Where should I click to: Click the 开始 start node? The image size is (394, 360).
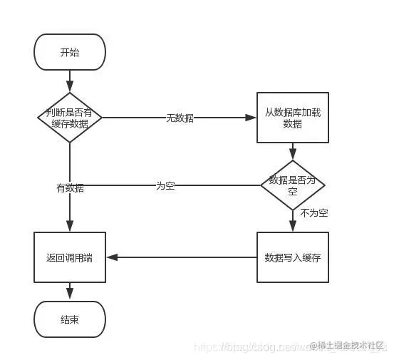(x=70, y=53)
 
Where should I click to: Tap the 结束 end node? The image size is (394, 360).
(x=70, y=319)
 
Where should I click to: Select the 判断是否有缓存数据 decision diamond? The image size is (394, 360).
(x=70, y=118)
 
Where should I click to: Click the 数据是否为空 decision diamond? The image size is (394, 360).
(x=293, y=185)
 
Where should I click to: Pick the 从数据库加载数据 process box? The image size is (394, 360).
(x=292, y=118)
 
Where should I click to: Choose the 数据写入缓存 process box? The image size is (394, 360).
(x=292, y=257)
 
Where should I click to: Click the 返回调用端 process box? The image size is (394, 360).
(x=70, y=257)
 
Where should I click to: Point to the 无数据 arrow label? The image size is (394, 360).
(x=180, y=118)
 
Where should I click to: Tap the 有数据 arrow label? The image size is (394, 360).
(x=70, y=188)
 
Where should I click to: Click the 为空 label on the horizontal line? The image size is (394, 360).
(x=165, y=185)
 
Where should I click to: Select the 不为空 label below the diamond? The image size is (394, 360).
(x=313, y=212)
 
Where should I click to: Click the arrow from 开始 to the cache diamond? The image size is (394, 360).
(x=70, y=81)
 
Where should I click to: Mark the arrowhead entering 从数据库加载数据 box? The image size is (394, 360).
(x=251, y=118)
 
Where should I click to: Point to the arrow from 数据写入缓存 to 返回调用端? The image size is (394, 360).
(x=181, y=257)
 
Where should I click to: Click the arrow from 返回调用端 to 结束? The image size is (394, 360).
(x=70, y=291)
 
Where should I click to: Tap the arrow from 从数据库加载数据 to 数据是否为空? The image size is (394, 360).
(x=292, y=151)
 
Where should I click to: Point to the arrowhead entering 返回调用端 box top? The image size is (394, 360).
(x=70, y=227)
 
